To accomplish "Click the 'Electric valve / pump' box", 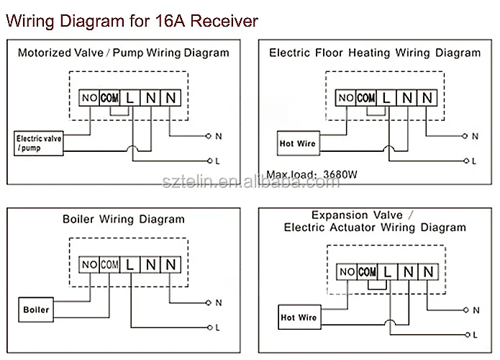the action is [x=39, y=143].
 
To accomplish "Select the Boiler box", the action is [x=36, y=310].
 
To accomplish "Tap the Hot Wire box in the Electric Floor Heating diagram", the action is [x=298, y=143].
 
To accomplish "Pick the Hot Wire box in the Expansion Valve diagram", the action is [x=299, y=318].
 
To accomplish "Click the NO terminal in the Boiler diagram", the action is [x=89, y=264].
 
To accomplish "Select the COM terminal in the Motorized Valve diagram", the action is [x=109, y=98].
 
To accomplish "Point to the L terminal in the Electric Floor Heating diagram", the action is [x=386, y=98].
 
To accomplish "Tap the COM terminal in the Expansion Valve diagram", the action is [x=367, y=272].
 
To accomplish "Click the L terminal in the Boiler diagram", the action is [x=129, y=264].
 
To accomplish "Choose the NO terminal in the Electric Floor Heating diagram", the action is [x=345, y=98].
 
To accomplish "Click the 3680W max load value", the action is [x=340, y=174].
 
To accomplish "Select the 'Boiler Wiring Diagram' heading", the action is [x=124, y=220].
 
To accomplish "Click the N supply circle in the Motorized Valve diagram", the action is [x=208, y=136].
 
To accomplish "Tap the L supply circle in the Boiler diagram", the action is [x=209, y=328].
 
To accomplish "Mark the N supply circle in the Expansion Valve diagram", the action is [x=466, y=310].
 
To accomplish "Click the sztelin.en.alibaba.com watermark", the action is [x=251, y=181].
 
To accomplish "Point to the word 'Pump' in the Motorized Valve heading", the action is [x=128, y=53].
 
